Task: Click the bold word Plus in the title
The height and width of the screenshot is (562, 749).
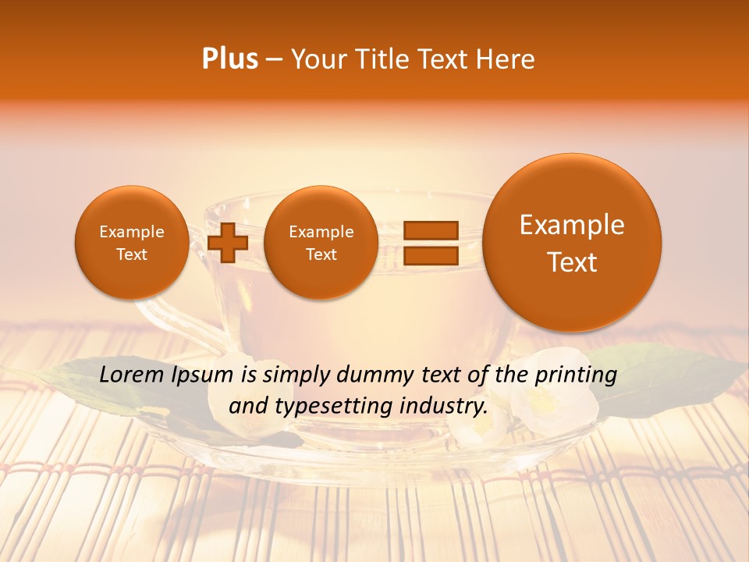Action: pos(229,59)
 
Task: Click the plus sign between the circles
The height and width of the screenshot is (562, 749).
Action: pos(228,243)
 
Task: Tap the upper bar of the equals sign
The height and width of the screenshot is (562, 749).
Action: pos(430,230)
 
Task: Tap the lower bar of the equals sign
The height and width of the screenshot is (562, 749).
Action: pos(430,255)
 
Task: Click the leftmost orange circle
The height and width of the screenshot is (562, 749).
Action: pos(131,243)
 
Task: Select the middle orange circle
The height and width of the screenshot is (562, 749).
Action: pos(321,243)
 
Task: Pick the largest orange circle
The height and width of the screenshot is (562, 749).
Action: pos(572,243)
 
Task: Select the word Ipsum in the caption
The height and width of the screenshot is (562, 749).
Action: pos(203,375)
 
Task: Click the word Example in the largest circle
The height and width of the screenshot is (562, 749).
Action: pos(572,225)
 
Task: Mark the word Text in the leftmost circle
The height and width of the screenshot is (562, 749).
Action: pos(132,254)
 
